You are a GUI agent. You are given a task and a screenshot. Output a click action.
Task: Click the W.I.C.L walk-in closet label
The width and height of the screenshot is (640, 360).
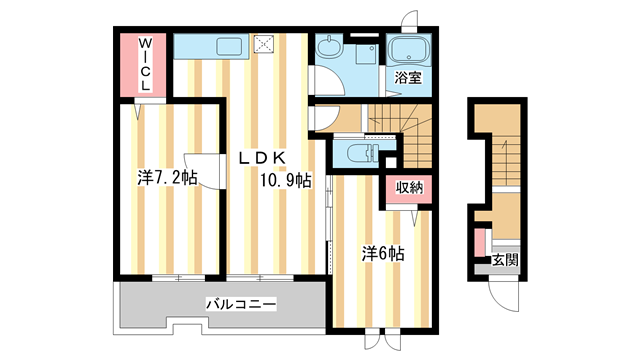click(x=145, y=65)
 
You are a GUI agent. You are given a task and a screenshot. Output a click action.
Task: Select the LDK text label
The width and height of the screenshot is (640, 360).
click(x=263, y=157)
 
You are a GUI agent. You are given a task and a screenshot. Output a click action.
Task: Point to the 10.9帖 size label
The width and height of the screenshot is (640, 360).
click(x=286, y=181)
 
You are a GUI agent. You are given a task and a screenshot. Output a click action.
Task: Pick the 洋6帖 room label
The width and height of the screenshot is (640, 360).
click(x=382, y=253)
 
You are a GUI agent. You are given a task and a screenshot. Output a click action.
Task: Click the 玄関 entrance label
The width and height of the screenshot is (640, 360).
click(x=505, y=261)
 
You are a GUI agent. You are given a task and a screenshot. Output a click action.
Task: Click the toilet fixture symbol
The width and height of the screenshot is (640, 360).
click(x=359, y=153)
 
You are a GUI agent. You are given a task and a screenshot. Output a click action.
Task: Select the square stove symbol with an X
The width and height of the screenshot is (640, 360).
click(x=265, y=44)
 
